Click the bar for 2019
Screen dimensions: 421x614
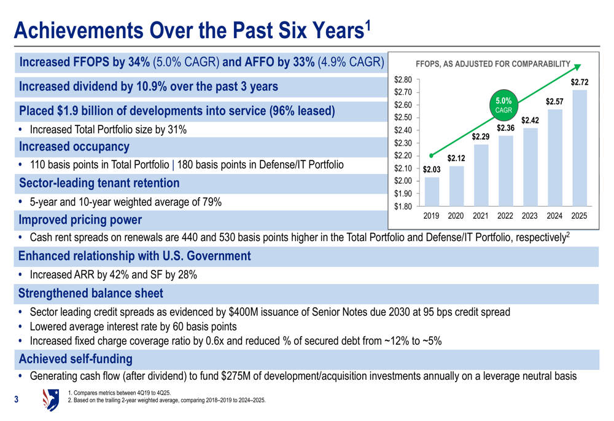pos(432,191)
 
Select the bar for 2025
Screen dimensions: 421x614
pos(579,148)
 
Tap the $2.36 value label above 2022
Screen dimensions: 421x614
pos(505,128)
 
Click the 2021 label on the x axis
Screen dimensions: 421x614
pos(481,216)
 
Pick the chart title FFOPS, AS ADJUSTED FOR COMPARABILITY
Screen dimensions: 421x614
pos(493,63)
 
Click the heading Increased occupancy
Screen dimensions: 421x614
pos(74,147)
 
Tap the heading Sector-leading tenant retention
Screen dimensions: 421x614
pos(99,183)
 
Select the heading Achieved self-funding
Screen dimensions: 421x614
pos(76,358)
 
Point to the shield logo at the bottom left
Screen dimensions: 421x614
pos(50,399)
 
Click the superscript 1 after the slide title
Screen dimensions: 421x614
pos(368,25)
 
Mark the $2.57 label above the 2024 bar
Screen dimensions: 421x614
pos(554,100)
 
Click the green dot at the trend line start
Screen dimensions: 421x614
pos(432,155)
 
